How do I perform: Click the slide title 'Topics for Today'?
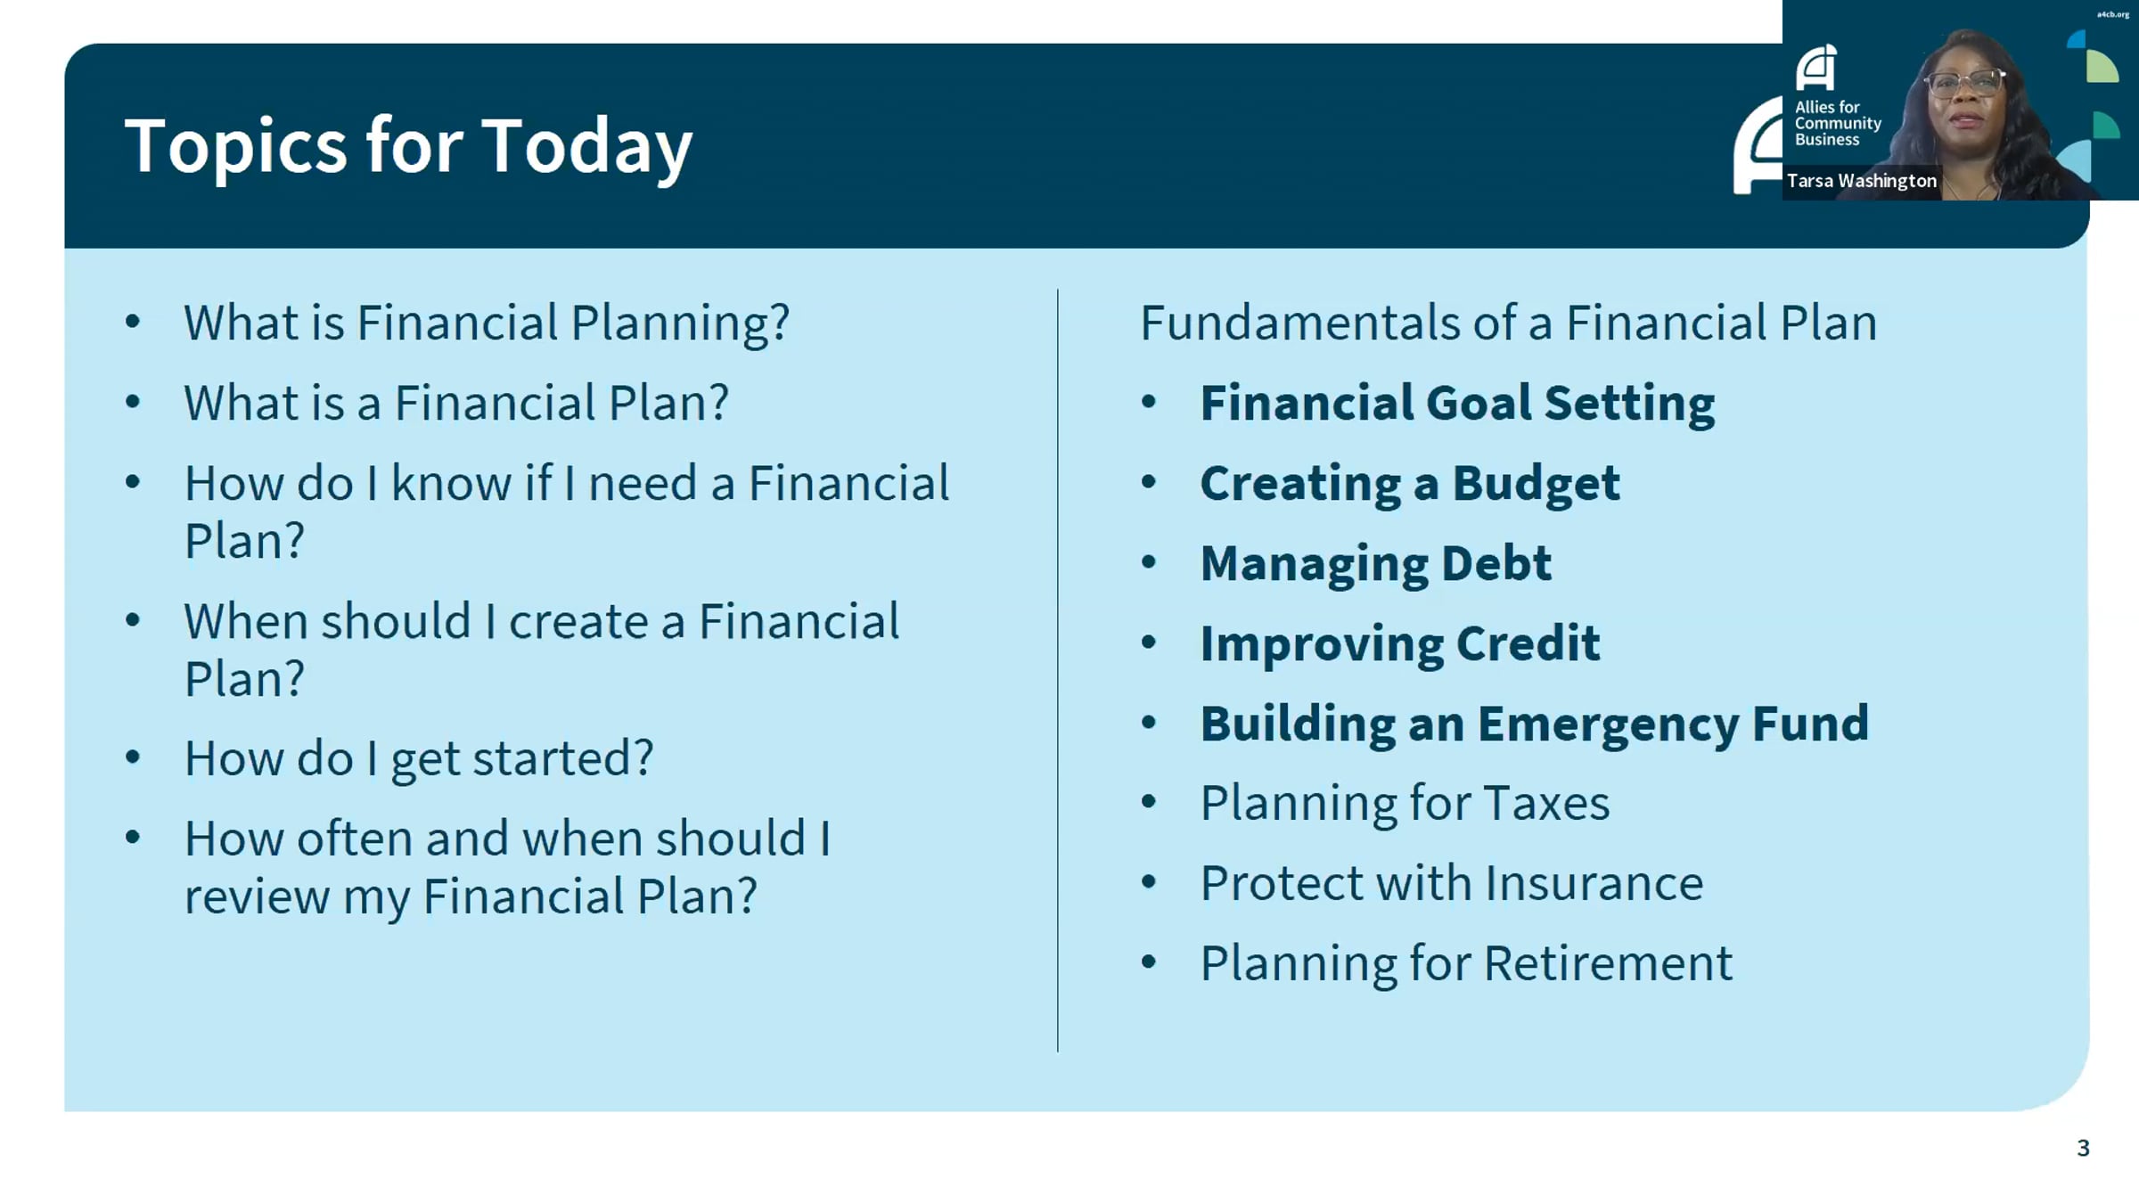point(408,146)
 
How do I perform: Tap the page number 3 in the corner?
point(2083,1148)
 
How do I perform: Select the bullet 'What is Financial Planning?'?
point(487,323)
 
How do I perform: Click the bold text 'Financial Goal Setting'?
point(1457,404)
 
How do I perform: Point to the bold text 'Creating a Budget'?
point(1410,484)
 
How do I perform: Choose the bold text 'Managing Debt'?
point(1376,564)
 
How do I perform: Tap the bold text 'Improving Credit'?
point(1400,643)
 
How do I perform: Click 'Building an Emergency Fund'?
point(1534,724)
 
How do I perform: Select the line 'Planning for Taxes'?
point(1405,803)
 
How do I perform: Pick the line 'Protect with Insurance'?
point(1452,883)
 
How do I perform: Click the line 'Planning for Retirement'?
point(1466,963)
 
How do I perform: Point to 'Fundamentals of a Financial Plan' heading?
point(1508,323)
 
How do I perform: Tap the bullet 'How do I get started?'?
point(419,759)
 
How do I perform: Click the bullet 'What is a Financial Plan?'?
point(456,403)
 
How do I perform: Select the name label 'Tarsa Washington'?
point(1861,181)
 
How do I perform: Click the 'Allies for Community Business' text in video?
point(1837,123)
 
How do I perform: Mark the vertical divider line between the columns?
point(1058,670)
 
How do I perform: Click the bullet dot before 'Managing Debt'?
point(1149,562)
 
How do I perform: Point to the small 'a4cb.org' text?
point(2112,14)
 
